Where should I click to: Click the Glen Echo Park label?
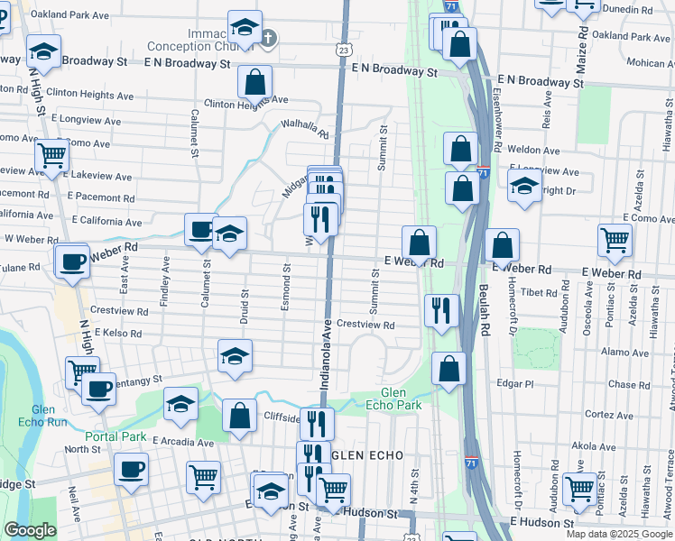click(x=401, y=399)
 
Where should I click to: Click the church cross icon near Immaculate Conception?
click(x=268, y=38)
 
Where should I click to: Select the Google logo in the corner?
click(x=30, y=530)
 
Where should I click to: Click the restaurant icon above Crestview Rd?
click(x=440, y=310)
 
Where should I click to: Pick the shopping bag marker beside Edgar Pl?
click(x=448, y=368)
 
